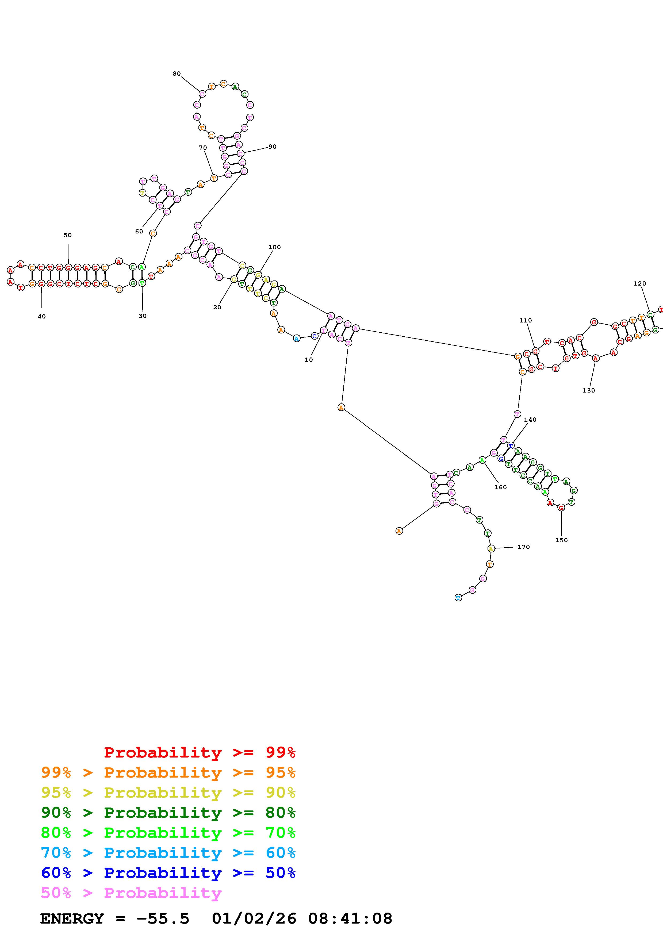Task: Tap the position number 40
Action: click(42, 316)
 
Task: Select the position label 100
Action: click(274, 247)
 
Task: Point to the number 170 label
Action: click(523, 547)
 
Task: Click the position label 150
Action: click(561, 540)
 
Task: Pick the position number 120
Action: click(640, 283)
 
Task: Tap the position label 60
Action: click(139, 231)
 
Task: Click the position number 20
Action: click(217, 307)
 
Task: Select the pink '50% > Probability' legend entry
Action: click(131, 893)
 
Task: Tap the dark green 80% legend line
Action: click(168, 813)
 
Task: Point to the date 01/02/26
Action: click(254, 918)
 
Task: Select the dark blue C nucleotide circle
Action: click(314, 336)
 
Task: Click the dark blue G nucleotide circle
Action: click(501, 459)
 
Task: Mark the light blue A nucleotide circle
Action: click(297, 338)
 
